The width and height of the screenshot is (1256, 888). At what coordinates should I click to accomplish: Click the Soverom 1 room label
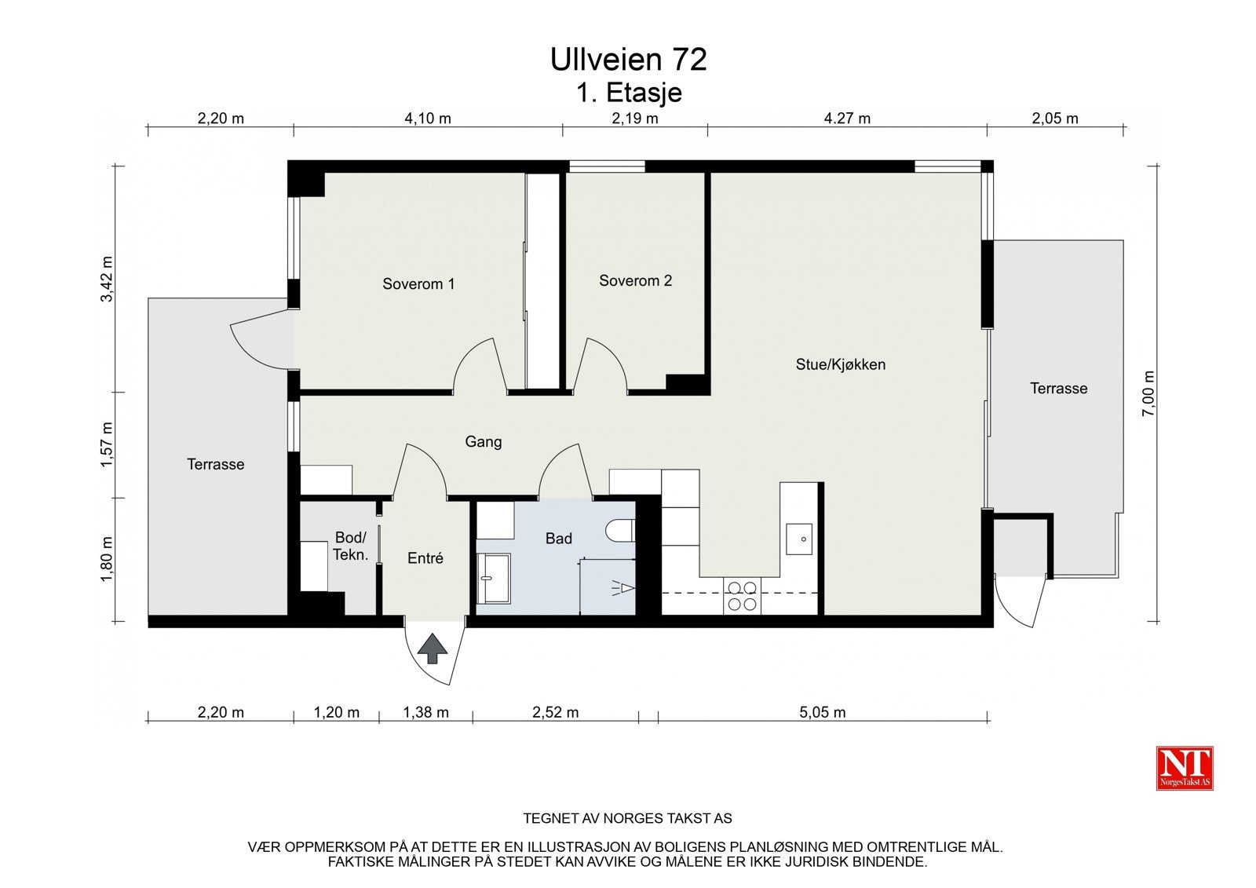point(418,284)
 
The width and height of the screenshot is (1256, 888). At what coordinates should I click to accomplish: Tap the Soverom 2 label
point(635,280)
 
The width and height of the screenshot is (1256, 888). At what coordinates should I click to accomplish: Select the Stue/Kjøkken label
point(841,364)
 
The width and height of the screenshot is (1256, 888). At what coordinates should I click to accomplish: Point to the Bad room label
point(558,539)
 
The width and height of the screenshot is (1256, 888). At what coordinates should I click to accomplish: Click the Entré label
point(425,557)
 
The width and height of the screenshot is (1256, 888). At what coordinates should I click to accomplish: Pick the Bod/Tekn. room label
point(350,546)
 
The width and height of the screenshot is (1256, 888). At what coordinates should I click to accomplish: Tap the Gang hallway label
point(484,442)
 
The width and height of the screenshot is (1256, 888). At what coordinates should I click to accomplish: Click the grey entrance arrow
point(433,649)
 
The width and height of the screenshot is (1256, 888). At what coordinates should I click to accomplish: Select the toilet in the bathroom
point(620,530)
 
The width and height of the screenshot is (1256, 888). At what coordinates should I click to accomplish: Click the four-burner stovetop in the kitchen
point(742,596)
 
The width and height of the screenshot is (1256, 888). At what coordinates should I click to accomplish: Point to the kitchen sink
point(799,539)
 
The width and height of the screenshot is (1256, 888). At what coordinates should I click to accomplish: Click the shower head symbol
point(623,588)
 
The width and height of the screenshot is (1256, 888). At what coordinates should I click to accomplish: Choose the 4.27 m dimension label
point(847,119)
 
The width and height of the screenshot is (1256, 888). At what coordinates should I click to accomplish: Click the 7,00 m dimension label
point(1148,393)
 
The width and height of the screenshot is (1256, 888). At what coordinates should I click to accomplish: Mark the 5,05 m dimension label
point(822,712)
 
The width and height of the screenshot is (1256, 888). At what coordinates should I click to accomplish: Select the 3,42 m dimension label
point(107,279)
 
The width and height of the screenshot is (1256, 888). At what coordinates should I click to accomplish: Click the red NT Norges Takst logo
point(1185,768)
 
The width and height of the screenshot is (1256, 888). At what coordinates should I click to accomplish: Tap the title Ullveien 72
point(628,60)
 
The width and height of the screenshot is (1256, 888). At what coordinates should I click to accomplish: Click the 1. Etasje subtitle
point(629,93)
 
